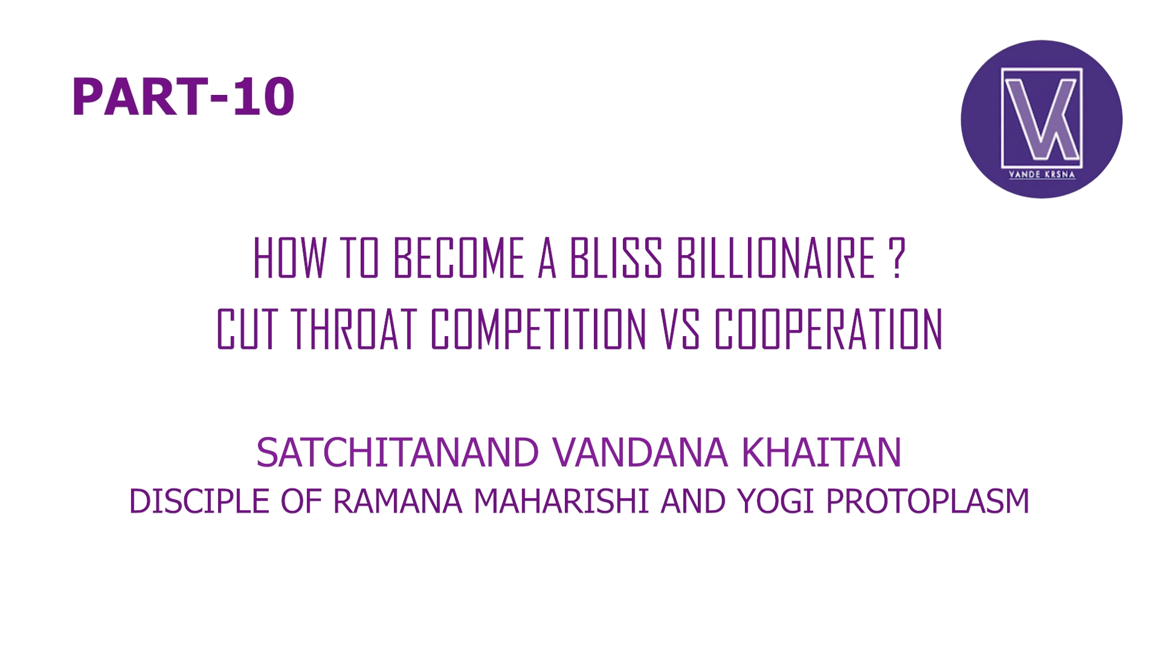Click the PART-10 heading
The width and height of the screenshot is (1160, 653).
click(183, 97)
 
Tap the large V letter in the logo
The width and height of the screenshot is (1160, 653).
click(1032, 118)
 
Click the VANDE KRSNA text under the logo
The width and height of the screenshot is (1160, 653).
click(1042, 174)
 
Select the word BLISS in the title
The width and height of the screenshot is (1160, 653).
click(616, 258)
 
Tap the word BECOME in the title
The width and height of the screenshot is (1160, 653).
click(459, 258)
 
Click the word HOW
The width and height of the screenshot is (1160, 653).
click(289, 258)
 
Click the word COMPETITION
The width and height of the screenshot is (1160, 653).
click(538, 330)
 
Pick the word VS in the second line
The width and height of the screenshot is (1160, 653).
click(680, 330)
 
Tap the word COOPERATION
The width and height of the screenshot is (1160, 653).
click(828, 330)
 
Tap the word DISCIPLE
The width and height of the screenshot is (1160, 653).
click(199, 501)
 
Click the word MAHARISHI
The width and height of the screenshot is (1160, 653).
click(561, 501)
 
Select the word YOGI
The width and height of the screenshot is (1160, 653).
click(775, 501)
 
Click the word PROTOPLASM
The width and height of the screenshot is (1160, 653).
click(927, 501)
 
